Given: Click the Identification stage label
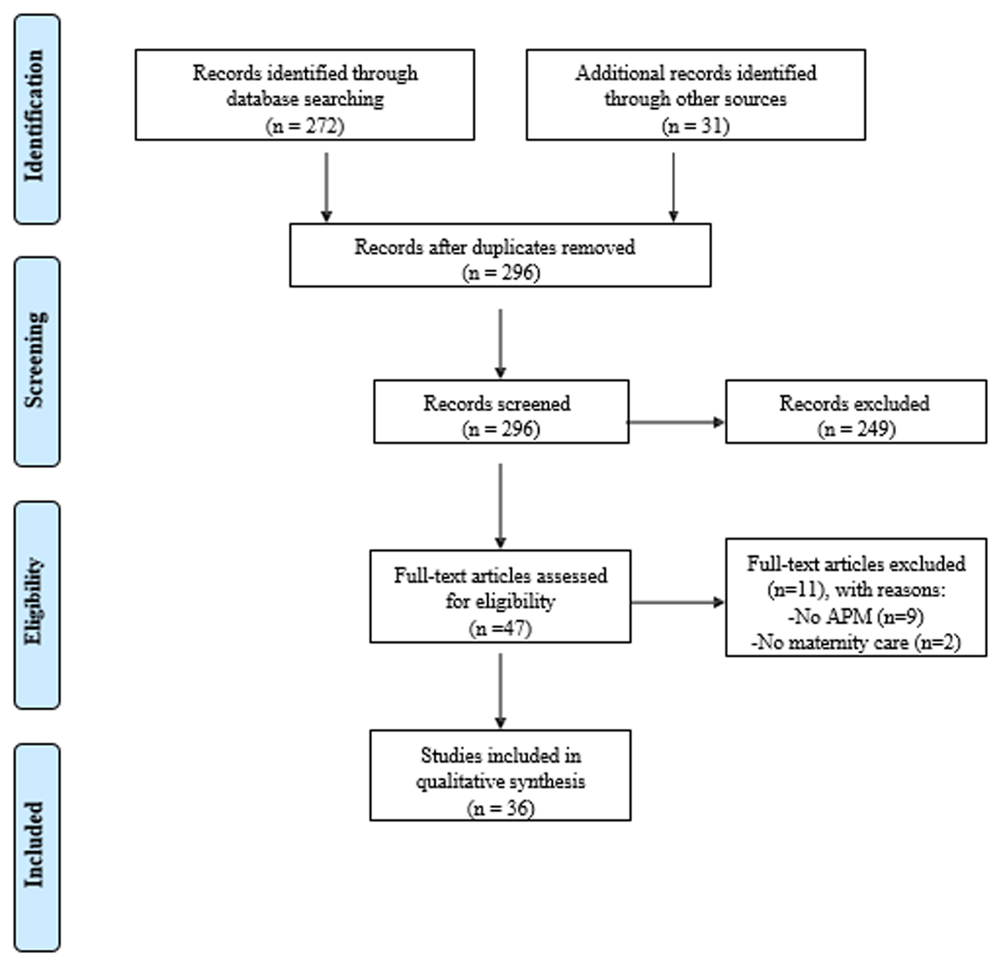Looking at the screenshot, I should (37, 119).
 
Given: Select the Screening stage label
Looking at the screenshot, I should (37, 361).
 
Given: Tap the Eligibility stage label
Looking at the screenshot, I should (37, 604).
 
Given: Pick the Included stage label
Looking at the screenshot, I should (37, 847).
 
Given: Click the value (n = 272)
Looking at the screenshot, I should (305, 125).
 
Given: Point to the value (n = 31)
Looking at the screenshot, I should (695, 125).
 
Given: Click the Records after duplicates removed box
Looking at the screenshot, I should (500, 255).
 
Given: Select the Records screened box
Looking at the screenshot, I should (501, 411).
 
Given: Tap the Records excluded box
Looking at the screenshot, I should (855, 411).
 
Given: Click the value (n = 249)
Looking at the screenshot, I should (856, 429).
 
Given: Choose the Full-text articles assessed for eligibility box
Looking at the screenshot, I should (500, 596).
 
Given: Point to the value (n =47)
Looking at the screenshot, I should (500, 628).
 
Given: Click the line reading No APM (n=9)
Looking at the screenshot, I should (855, 617).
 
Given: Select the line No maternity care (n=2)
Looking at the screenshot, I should (855, 642).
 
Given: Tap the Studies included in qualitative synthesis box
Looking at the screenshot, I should (500, 775).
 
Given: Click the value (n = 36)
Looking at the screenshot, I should (500, 808).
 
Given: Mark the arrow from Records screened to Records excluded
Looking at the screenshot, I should (676, 422).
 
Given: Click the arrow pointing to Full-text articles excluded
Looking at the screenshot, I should (677, 602).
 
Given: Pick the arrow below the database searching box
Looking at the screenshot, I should (326, 186).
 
